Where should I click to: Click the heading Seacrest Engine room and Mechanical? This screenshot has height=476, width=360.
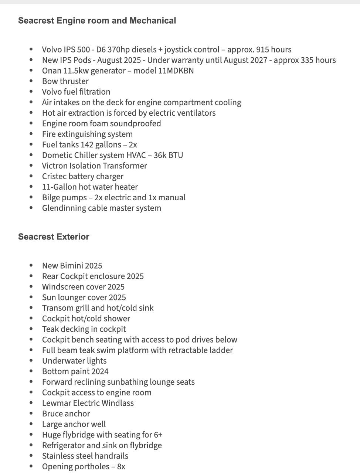(97, 21)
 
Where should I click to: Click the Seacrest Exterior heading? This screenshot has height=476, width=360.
(54, 237)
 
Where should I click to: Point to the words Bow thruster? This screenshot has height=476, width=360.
(65, 81)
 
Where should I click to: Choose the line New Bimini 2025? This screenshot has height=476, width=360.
(72, 266)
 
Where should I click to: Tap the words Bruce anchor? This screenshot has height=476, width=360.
(66, 414)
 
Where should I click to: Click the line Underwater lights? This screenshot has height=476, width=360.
(74, 361)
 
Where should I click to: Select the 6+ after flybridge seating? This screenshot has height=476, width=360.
(158, 435)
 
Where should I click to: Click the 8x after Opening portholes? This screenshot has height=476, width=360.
(121, 467)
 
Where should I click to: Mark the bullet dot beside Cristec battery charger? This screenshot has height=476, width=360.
(31, 176)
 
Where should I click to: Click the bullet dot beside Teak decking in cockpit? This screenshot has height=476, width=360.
(31, 329)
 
